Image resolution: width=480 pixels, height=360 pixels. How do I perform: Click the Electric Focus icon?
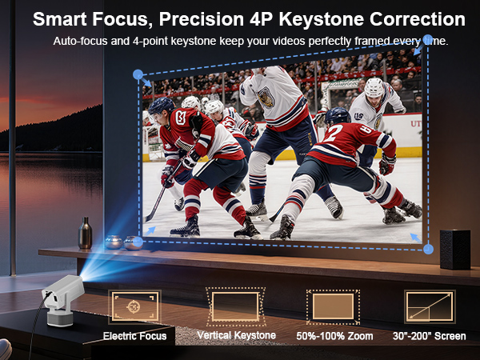coord(134,306)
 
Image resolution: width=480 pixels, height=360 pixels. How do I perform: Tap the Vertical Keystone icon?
coord(235,306)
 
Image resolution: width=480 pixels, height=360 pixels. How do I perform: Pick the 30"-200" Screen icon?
coord(430,306)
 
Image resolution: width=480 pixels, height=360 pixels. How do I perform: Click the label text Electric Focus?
coord(134,336)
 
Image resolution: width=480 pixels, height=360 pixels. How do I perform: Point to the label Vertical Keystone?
coord(236,335)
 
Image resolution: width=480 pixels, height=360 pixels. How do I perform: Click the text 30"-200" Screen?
coord(430,336)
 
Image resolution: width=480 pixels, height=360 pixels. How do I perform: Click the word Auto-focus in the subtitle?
coord(80,40)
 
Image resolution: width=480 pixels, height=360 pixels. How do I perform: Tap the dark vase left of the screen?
coord(86,233)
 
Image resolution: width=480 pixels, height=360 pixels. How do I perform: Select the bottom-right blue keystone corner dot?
coord(428,250)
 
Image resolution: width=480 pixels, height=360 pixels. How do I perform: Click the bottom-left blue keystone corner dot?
coord(138,241)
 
